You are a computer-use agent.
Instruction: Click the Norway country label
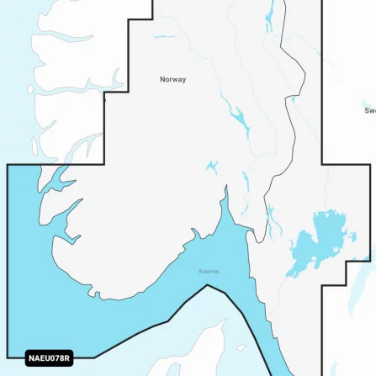pyautogui.click(x=172, y=80)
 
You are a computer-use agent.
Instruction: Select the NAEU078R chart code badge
pyautogui.click(x=49, y=359)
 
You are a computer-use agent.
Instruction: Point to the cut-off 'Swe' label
pyautogui.click(x=369, y=110)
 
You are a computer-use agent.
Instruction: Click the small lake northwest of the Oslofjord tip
pyautogui.click(x=211, y=167)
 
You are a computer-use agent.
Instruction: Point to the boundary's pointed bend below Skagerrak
pyautogui.click(x=206, y=286)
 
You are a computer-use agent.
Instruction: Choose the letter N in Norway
pyautogui.click(x=162, y=80)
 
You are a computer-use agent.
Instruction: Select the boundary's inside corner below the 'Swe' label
pyautogui.click(x=323, y=164)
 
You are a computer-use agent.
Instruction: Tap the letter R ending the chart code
pyautogui.click(x=66, y=359)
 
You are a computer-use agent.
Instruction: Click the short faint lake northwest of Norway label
pyautogui.click(x=164, y=37)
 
